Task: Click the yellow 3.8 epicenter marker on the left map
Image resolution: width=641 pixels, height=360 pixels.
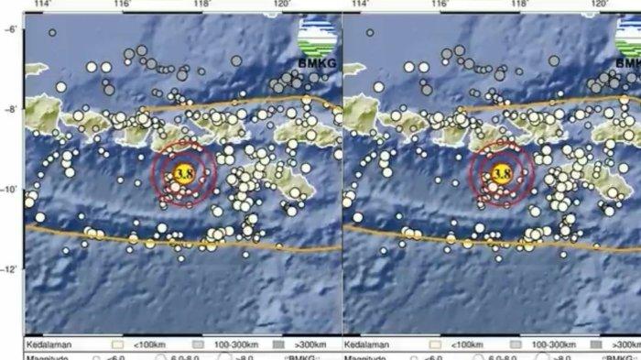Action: click(184, 172)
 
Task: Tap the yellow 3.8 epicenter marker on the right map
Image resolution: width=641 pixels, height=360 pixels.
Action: click(502, 172)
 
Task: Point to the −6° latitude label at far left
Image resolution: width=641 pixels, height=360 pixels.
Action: click(11, 29)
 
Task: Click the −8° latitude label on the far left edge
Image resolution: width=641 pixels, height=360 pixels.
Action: click(11, 109)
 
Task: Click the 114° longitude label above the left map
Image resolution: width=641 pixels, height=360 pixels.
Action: click(41, 5)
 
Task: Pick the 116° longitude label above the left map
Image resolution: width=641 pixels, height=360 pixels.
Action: click(122, 5)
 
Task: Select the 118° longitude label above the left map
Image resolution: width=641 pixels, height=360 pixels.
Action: click(202, 5)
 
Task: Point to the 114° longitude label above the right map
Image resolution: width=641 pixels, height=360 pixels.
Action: click(360, 5)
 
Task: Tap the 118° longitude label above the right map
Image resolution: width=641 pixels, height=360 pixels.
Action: click(521, 5)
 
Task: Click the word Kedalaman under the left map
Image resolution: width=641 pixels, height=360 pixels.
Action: click(47, 346)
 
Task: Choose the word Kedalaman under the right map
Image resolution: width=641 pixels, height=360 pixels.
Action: click(365, 346)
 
